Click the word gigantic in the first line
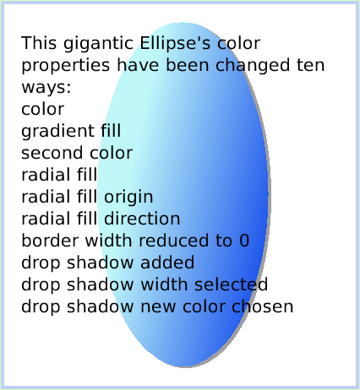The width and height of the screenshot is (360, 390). point(92,43)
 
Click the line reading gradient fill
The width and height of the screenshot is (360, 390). point(71,131)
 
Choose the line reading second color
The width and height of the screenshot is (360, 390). point(77,153)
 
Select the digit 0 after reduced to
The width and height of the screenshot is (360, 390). point(244,241)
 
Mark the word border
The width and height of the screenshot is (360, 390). point(46,241)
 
